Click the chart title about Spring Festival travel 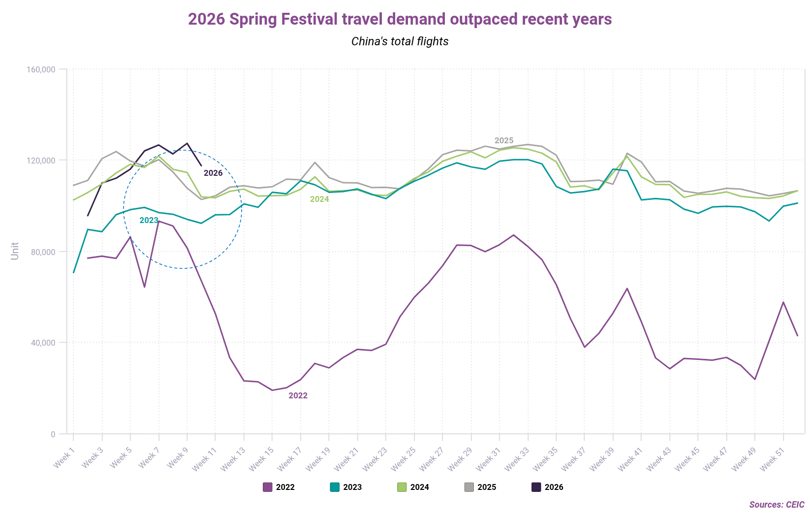pyautogui.click(x=400, y=19)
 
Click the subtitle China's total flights pyautogui.click(x=400, y=41)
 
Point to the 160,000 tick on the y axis pyautogui.click(x=41, y=69)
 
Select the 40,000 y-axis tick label pyautogui.click(x=43, y=343)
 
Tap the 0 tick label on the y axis pyautogui.click(x=53, y=434)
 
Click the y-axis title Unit pyautogui.click(x=15, y=251)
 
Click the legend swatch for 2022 pyautogui.click(x=268, y=487)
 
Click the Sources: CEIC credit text pyautogui.click(x=777, y=505)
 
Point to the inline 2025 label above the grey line pyautogui.click(x=504, y=141)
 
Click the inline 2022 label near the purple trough pyautogui.click(x=298, y=396)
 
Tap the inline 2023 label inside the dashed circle pyautogui.click(x=149, y=221)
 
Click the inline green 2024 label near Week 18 pyautogui.click(x=319, y=199)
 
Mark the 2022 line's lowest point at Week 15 pyautogui.click(x=272, y=390)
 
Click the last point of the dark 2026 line pyautogui.click(x=201, y=166)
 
